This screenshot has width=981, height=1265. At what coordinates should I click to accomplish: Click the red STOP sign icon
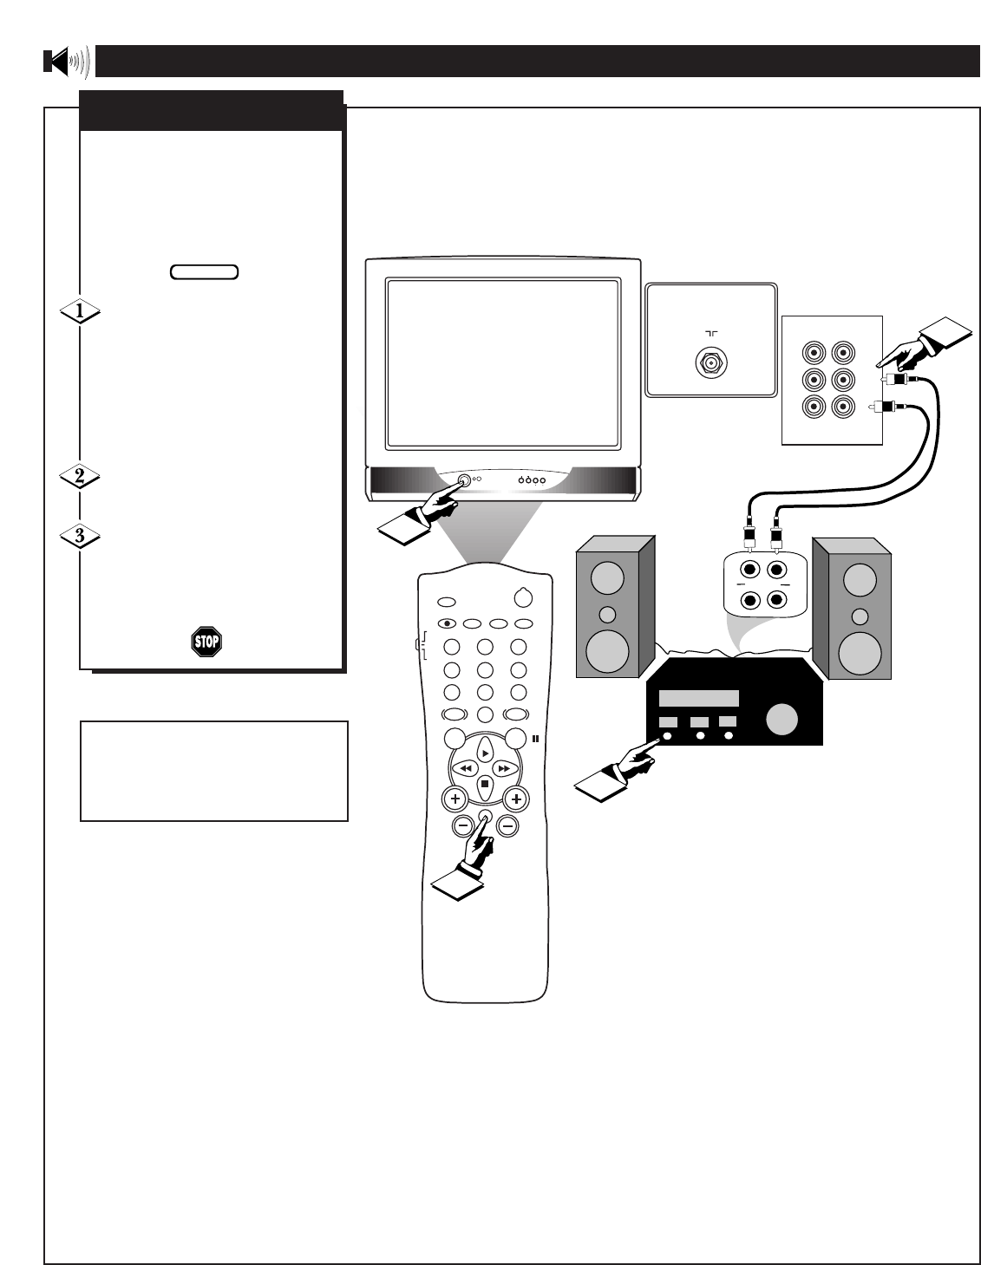[x=206, y=642]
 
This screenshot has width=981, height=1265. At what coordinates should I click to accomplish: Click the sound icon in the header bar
[x=66, y=62]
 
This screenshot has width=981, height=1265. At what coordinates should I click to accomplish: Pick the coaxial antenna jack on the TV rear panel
[x=710, y=363]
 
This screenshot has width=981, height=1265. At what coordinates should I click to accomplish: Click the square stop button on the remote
[x=484, y=785]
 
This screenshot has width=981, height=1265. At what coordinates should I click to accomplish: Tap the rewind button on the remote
[x=466, y=768]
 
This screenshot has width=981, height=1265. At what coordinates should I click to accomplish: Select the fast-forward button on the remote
[x=503, y=768]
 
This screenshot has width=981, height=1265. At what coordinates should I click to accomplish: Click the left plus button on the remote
[x=453, y=799]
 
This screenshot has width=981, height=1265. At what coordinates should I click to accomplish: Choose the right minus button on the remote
[x=508, y=826]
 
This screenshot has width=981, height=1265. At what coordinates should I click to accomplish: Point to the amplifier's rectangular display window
[x=698, y=699]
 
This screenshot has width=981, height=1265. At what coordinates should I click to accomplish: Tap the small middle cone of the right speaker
[x=859, y=616]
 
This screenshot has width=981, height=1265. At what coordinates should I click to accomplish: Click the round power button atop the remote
[x=521, y=597]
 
